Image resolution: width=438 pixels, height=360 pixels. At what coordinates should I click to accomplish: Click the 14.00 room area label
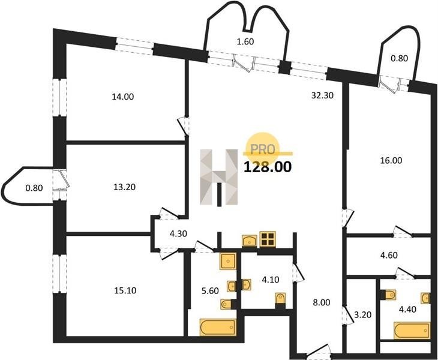tap(122, 97)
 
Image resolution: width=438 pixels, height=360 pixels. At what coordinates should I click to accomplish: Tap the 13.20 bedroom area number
tap(125, 187)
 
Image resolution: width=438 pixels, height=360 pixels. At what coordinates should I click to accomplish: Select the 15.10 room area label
tap(125, 291)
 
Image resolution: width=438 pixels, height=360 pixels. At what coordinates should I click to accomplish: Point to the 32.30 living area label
tap(323, 96)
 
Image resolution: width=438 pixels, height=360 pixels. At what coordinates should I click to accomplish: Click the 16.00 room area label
tap(391, 161)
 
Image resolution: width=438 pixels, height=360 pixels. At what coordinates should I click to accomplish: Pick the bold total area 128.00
tap(268, 167)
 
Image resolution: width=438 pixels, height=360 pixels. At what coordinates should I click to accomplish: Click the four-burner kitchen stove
tap(268, 239)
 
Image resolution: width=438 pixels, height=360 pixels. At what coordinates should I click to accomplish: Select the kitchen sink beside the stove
tap(250, 241)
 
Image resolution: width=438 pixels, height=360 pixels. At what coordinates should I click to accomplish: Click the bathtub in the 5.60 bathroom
tap(218, 328)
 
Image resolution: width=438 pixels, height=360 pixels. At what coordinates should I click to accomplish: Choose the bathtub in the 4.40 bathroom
tap(412, 331)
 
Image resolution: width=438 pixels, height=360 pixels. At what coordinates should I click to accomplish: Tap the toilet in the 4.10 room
tap(280, 299)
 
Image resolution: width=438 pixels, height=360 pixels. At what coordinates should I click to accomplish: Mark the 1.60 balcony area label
tap(245, 42)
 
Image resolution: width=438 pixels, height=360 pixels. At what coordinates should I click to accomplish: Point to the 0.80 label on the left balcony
tap(34, 188)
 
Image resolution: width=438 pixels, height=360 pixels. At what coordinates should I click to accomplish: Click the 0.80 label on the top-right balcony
tap(400, 59)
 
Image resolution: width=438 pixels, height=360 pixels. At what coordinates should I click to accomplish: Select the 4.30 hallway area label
tap(178, 233)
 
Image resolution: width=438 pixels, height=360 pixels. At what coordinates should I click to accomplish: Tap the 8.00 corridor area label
tap(322, 302)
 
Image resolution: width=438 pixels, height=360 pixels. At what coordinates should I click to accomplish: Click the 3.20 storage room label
tap(363, 315)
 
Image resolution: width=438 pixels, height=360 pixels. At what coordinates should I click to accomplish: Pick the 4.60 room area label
tap(389, 255)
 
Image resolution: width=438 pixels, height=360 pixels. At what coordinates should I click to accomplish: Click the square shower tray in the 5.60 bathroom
tap(228, 262)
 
